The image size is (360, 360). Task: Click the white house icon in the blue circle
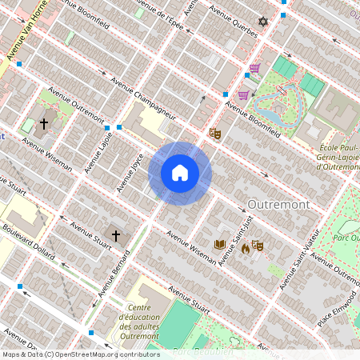tap(180, 172)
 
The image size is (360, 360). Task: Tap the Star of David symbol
tap(262, 22)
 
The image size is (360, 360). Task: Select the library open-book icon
tap(219, 245)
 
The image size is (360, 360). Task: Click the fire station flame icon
tap(245, 249)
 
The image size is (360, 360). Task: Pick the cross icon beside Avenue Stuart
tap(116, 236)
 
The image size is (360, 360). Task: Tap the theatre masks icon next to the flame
tap(258, 246)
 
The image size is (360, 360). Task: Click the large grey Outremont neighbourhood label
tap(278, 205)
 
